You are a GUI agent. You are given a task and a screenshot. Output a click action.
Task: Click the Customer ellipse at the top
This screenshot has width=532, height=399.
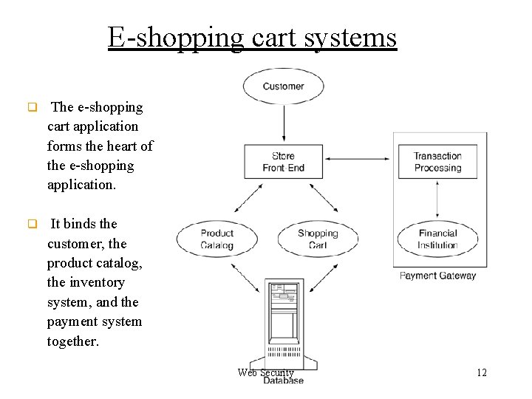click(284, 86)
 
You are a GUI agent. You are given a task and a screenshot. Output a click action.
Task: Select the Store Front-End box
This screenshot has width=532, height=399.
click(283, 162)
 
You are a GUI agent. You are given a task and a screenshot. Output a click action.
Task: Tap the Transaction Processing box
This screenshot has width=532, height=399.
click(437, 162)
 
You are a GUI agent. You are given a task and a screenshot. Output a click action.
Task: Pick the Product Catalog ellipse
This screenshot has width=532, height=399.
click(216, 239)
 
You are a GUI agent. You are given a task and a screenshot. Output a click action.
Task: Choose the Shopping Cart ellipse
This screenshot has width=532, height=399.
click(318, 239)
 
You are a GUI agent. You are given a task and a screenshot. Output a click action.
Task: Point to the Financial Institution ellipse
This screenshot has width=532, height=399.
click(437, 239)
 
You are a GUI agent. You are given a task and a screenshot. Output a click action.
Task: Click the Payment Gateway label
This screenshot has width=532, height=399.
click(437, 276)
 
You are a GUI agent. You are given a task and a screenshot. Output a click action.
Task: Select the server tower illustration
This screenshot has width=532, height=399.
click(284, 325)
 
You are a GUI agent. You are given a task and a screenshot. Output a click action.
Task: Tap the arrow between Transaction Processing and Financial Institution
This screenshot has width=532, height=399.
click(438, 199)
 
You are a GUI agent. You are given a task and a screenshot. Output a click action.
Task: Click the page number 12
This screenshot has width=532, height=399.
click(481, 372)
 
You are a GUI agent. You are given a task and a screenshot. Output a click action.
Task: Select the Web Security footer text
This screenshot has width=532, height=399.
click(265, 373)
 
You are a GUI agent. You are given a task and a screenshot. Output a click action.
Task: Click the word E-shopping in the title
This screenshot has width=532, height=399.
click(174, 37)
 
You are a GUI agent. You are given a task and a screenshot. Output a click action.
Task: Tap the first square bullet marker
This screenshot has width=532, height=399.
click(32, 107)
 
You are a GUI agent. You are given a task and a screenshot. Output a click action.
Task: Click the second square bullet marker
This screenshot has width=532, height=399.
click(32, 224)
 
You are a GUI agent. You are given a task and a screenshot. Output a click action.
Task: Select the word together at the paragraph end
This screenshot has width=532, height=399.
click(72, 341)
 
